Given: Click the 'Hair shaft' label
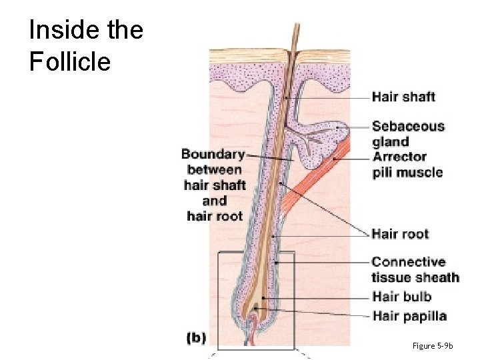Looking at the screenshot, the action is click(403, 97).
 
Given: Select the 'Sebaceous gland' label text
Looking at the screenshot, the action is click(407, 133).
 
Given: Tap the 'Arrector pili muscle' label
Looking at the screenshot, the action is click(407, 165).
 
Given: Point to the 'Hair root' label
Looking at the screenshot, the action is click(400, 234).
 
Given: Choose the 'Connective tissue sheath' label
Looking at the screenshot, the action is click(415, 269).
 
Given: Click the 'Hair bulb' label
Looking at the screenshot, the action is click(401, 297).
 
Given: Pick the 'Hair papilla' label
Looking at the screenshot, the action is click(409, 316).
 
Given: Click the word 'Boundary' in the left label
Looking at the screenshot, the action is click(213, 155).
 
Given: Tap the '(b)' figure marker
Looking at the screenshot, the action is click(196, 338).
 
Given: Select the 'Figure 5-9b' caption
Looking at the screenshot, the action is click(432, 345).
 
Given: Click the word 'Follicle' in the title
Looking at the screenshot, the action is click(69, 62).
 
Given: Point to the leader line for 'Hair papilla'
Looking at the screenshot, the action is click(320, 313).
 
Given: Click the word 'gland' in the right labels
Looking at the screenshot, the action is click(390, 142).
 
